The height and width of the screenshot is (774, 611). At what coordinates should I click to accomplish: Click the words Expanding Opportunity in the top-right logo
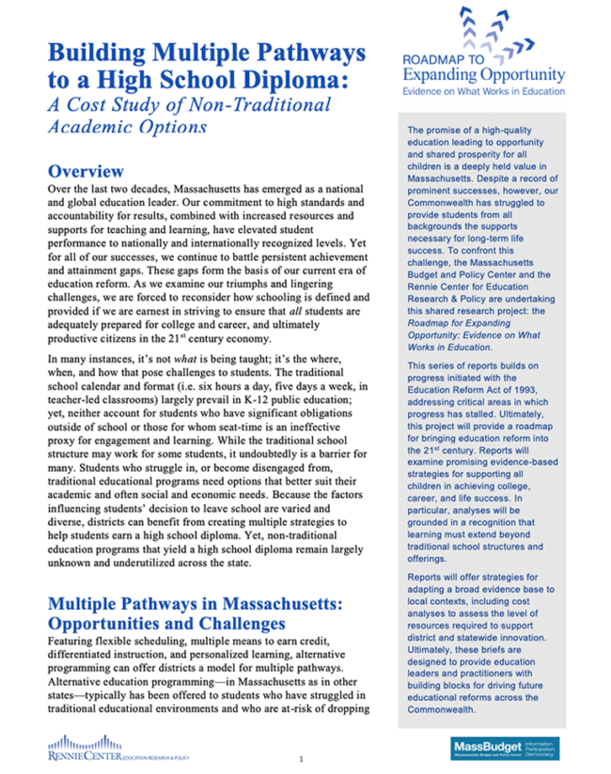[x=484, y=74]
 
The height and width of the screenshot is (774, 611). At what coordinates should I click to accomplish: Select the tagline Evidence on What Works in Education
[x=484, y=91]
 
